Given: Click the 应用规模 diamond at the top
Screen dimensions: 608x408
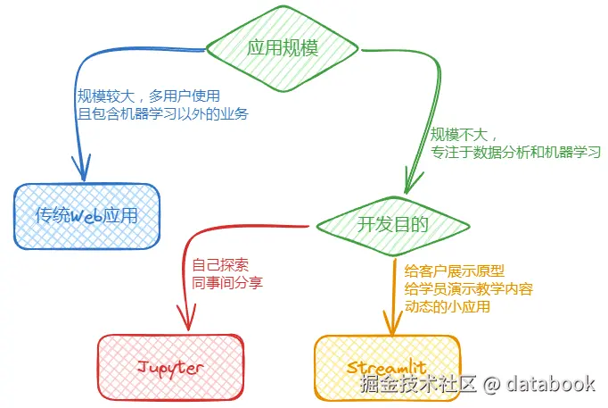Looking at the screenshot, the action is pyautogui.click(x=283, y=49).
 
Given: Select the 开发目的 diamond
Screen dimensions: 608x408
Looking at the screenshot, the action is pyautogui.click(x=393, y=226).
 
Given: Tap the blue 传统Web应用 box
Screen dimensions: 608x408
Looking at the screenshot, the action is pyautogui.click(x=86, y=216).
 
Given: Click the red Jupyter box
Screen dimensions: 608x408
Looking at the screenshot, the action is pyautogui.click(x=170, y=367).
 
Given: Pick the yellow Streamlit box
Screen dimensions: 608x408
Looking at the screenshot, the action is pyautogui.click(x=387, y=367).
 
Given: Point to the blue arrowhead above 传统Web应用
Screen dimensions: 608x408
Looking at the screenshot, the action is pyautogui.click(x=82, y=168).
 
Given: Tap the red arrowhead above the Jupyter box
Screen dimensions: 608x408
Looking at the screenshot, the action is pyautogui.click(x=187, y=317).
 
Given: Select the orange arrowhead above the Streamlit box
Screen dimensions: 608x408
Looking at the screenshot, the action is pyautogui.click(x=392, y=323).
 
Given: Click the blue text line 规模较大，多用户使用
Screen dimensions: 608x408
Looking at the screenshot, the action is pyautogui.click(x=149, y=96).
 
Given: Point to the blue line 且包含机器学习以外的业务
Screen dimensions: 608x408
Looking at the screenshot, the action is pyautogui.click(x=163, y=113).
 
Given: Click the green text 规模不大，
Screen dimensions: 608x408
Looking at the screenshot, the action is pyautogui.click(x=464, y=134).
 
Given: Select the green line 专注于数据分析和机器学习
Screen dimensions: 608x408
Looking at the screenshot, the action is pyautogui.click(x=515, y=152).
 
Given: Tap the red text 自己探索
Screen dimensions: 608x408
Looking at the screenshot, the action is pyautogui.click(x=220, y=265).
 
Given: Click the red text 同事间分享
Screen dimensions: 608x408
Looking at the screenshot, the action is pyautogui.click(x=227, y=283).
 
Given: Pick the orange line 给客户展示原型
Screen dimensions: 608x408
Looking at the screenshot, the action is pyautogui.click(x=455, y=271).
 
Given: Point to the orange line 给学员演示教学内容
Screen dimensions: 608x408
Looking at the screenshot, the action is pyautogui.click(x=469, y=289).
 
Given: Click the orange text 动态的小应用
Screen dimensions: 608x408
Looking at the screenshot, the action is pyautogui.click(x=448, y=307).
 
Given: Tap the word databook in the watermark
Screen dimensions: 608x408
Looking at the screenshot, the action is pyautogui.click(x=551, y=384).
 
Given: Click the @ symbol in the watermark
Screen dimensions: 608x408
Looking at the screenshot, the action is pyautogui.click(x=492, y=384).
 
